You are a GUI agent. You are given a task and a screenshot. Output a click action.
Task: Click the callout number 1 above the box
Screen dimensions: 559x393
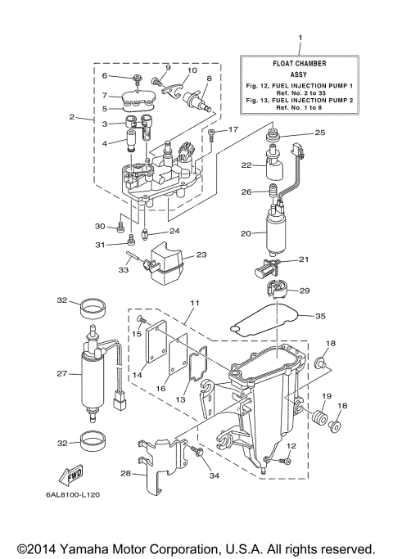[x=300, y=38]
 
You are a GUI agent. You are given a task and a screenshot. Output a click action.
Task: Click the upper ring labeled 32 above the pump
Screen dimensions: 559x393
[x=92, y=309]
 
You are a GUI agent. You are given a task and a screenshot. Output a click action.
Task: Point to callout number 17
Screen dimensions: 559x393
[x=233, y=129]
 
